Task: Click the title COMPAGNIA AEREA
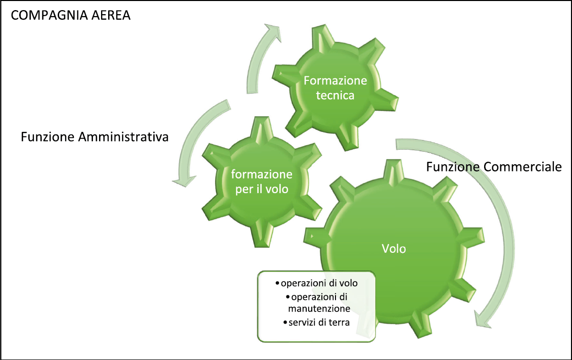[x=71, y=16]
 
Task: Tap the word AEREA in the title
[x=113, y=16]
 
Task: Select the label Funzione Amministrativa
[x=94, y=137]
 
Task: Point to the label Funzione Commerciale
[x=494, y=167]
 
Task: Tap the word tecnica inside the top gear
[x=335, y=95]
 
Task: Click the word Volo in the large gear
[x=394, y=249]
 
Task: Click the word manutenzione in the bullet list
[x=319, y=308]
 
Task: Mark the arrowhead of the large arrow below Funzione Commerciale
[x=484, y=319]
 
